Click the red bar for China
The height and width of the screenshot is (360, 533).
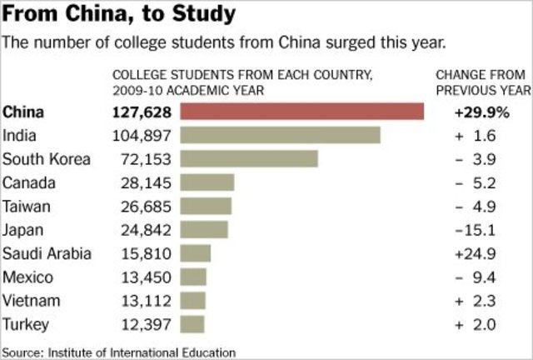pyautogui.click(x=301, y=112)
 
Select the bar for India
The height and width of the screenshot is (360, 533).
pyautogui.click(x=280, y=135)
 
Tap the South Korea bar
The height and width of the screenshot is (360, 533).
pyautogui.click(x=249, y=158)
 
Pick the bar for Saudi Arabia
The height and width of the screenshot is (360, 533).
pyautogui.click(x=196, y=252)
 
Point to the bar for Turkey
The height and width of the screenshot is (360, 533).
pyautogui.click(x=192, y=322)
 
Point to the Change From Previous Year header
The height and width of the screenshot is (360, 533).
pyautogui.click(x=482, y=82)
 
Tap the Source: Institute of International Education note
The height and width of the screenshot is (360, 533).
pyautogui.click(x=118, y=352)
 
